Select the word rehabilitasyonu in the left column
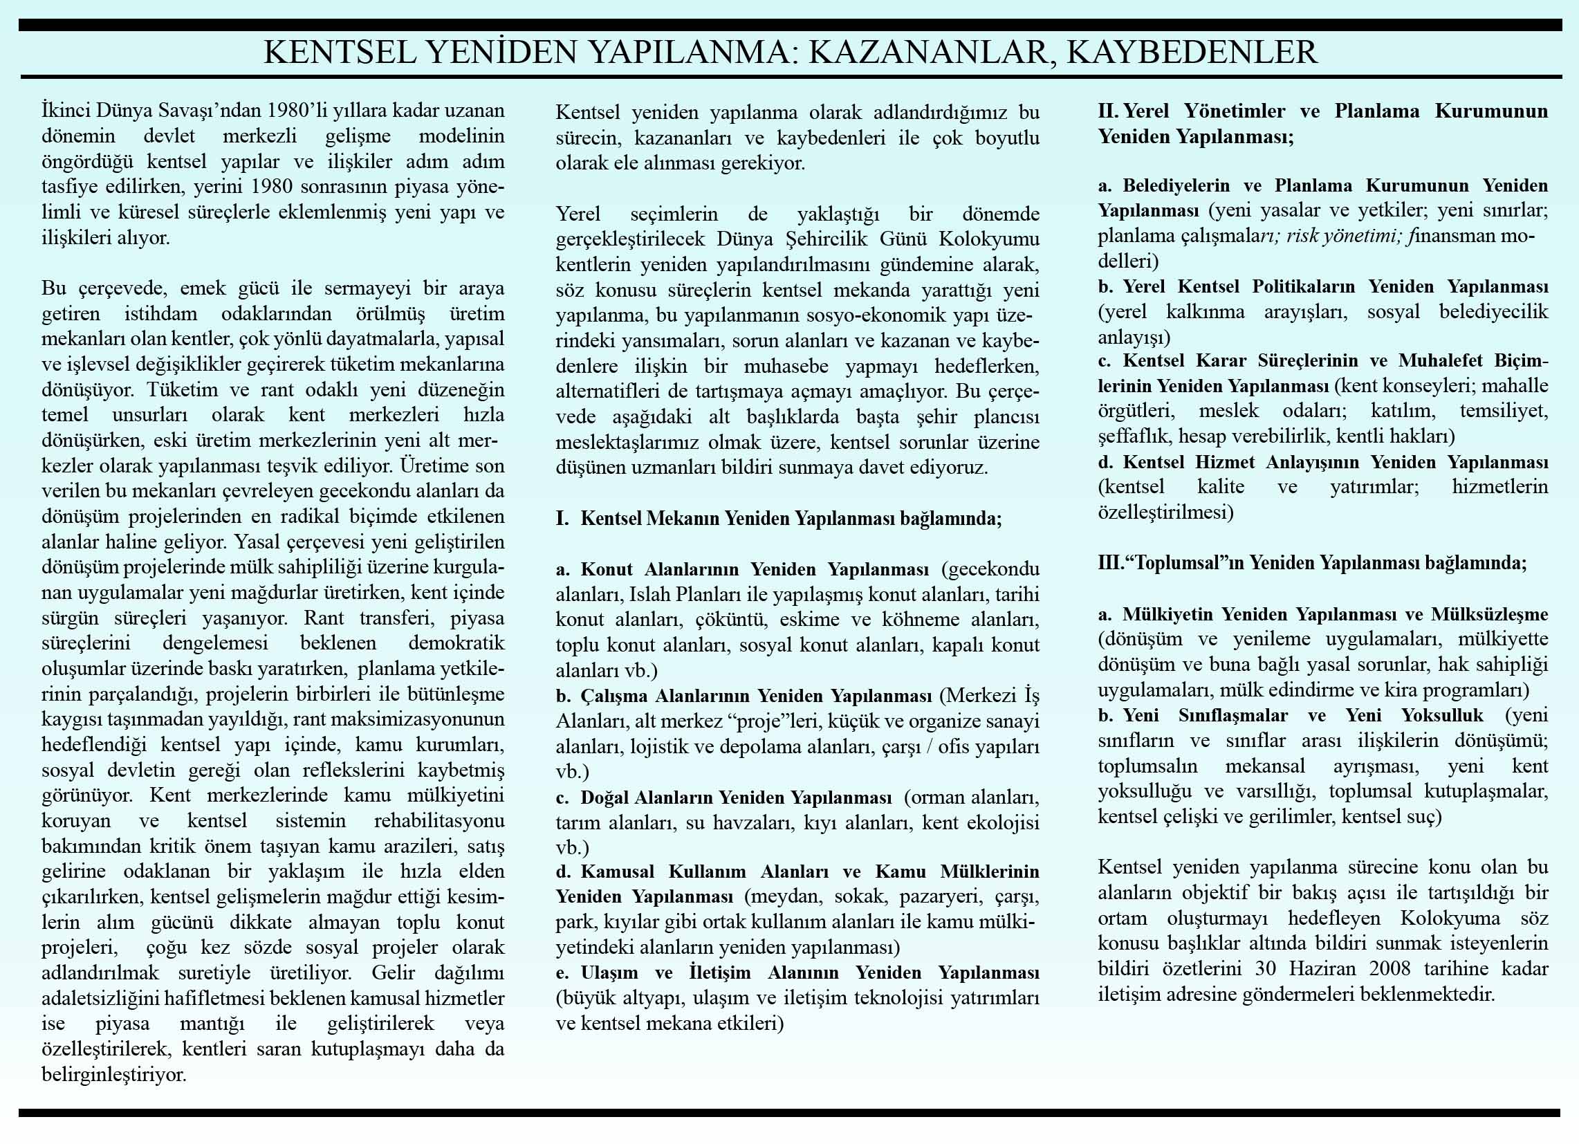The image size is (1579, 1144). point(439,820)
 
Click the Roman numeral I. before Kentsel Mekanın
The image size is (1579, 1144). point(562,519)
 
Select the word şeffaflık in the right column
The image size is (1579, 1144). point(1126,436)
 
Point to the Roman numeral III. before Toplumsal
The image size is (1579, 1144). point(1112,562)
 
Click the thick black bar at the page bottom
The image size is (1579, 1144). point(790,1113)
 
